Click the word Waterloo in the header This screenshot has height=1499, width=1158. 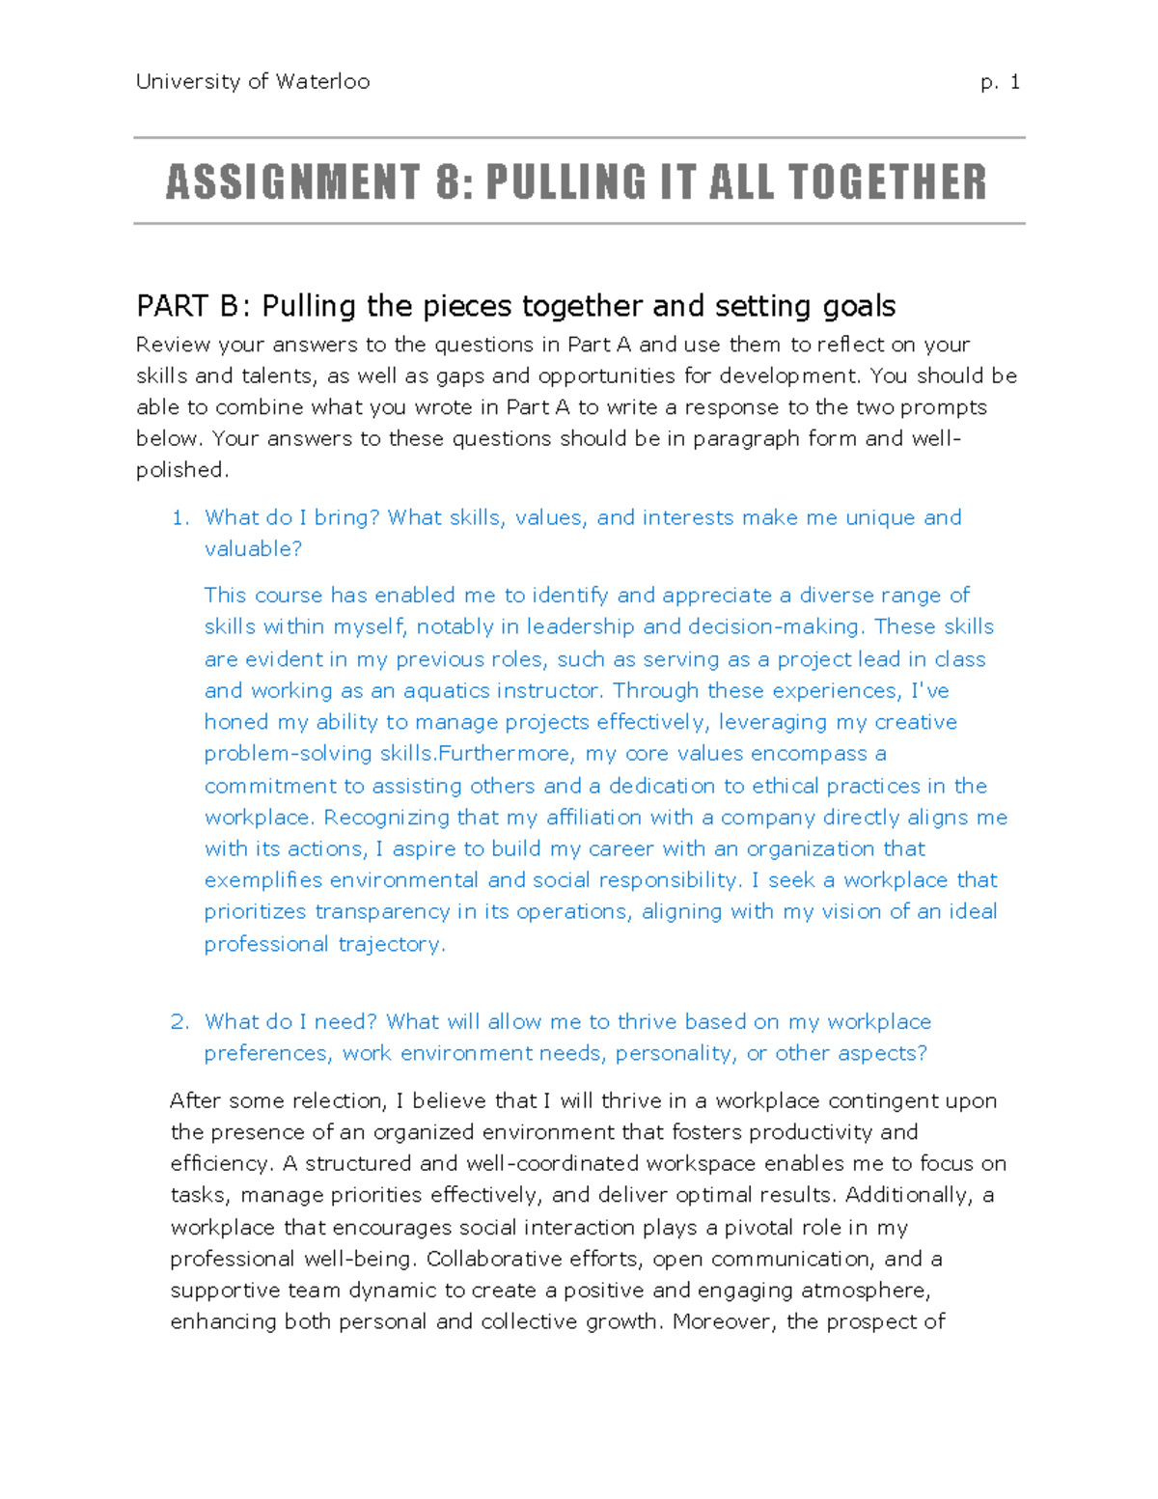click(322, 82)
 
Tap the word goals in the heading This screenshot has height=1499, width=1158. click(859, 307)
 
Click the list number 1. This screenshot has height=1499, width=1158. click(179, 518)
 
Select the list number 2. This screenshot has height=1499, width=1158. click(179, 1022)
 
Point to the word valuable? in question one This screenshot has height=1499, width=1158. click(253, 549)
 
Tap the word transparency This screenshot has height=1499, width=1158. click(382, 912)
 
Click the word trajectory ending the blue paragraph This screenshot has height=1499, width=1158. click(389, 944)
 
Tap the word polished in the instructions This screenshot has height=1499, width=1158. click(180, 470)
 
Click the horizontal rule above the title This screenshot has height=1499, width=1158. click(579, 138)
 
